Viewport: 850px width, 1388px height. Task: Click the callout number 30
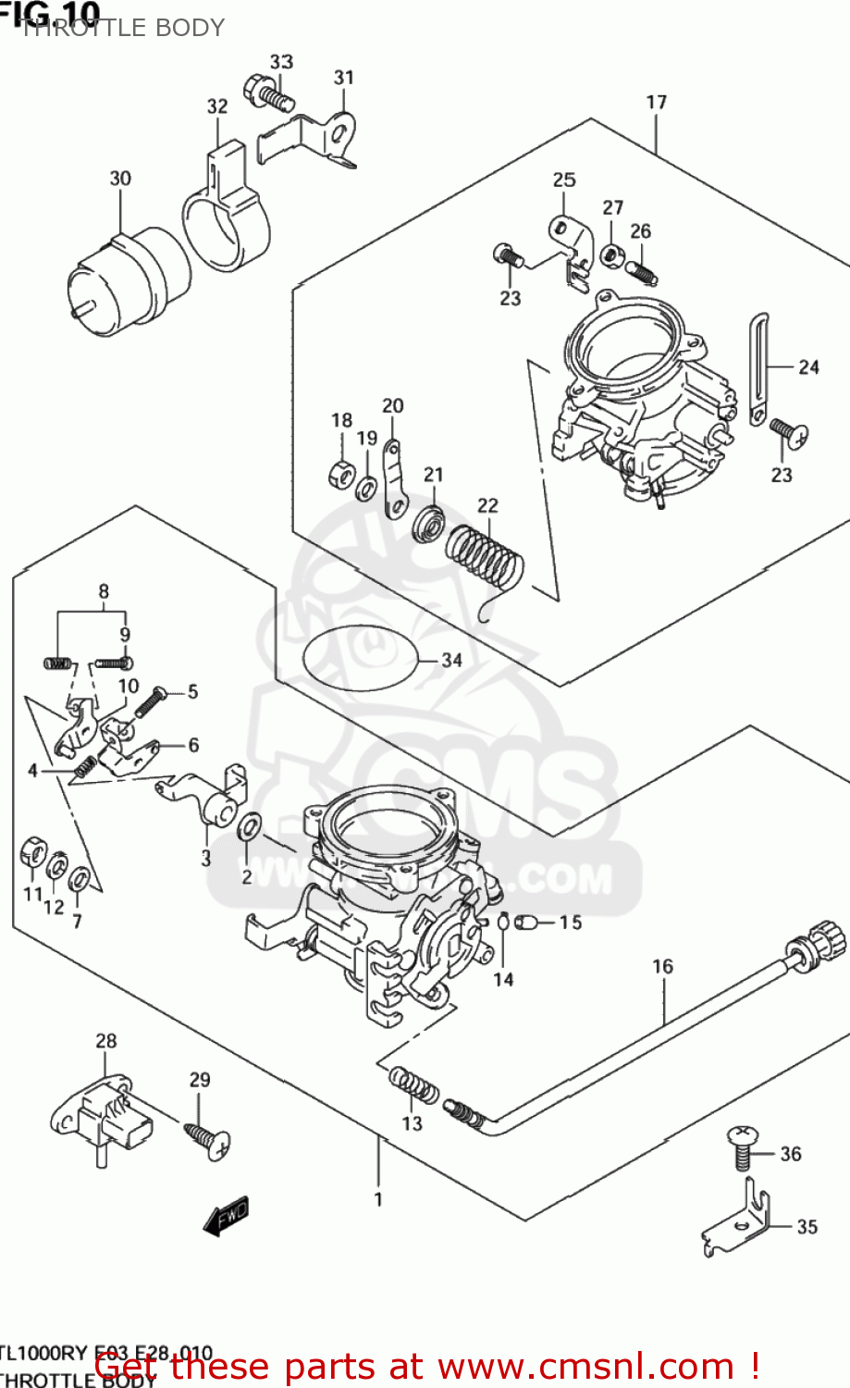(120, 179)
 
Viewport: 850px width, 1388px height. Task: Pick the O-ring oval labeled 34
(359, 659)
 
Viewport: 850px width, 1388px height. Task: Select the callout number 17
(656, 102)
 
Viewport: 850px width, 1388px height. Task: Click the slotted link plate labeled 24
(758, 370)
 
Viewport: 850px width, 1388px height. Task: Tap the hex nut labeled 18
(340, 475)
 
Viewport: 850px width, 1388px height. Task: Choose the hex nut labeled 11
(32, 850)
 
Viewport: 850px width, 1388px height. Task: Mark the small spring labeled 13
(413, 1085)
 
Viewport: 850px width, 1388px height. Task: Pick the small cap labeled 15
(526, 922)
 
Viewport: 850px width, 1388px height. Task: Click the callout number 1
(378, 1199)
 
